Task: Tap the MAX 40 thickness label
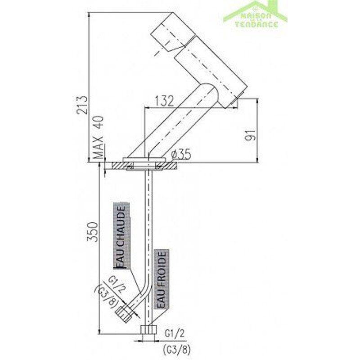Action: click(99, 138)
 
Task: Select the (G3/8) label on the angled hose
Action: click(104, 300)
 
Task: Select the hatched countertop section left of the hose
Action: click(117, 166)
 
